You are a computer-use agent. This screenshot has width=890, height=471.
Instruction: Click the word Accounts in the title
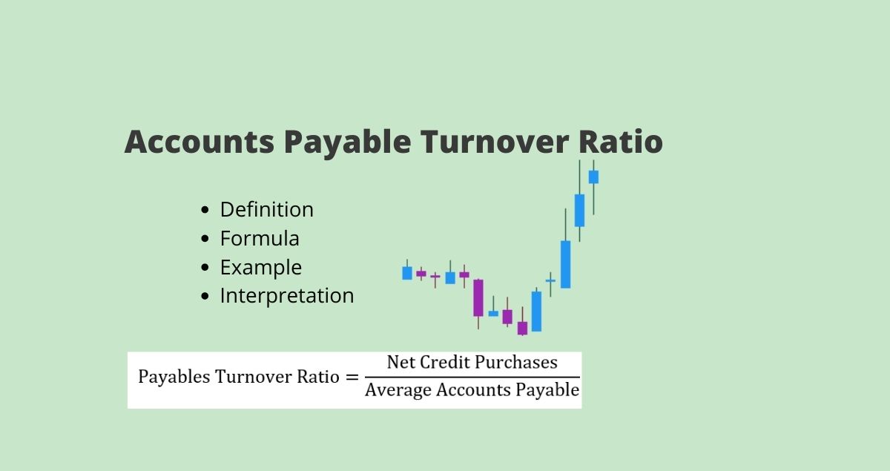200,142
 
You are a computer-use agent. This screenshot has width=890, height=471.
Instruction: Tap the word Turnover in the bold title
495,142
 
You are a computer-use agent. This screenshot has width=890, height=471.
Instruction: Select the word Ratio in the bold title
621,142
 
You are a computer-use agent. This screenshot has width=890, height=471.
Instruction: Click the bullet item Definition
266,209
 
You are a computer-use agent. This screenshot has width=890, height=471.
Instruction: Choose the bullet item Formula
260,239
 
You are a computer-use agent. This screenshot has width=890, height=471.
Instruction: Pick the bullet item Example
261,267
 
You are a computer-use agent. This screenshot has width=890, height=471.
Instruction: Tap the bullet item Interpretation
287,296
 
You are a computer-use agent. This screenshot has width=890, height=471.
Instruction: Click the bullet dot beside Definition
205,210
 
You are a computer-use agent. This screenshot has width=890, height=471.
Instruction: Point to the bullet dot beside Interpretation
205,296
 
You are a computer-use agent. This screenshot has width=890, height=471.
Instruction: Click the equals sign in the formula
352,378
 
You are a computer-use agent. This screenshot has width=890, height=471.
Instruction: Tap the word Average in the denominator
398,390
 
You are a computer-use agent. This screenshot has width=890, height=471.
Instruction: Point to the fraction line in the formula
472,377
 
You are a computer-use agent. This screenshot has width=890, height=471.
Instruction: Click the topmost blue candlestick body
593,177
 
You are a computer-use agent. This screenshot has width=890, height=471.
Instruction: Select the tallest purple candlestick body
478,297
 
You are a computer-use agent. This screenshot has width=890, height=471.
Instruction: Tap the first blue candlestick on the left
407,273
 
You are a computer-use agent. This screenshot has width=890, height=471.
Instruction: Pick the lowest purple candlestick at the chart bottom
522,329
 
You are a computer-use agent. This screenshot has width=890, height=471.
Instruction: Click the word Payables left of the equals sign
174,377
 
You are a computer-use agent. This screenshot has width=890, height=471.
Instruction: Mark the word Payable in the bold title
348,142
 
